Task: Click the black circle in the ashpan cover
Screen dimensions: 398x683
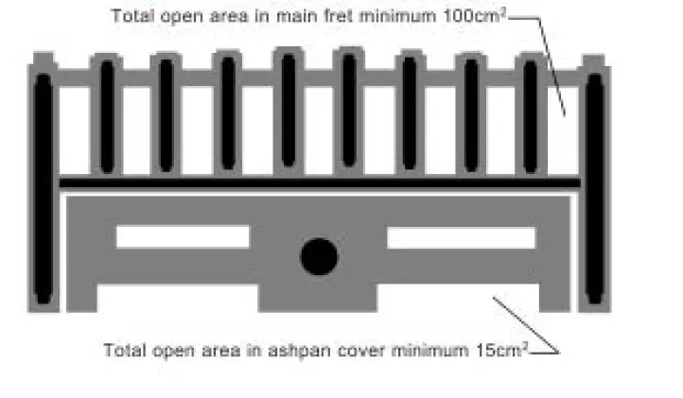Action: pos(319,255)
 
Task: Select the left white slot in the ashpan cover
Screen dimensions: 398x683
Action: pos(183,236)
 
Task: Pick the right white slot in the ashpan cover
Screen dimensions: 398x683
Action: pos(461,237)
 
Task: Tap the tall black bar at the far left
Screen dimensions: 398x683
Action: pos(43,189)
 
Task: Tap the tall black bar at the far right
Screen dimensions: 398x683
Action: pos(593,189)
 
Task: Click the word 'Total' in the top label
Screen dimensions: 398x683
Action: pos(130,16)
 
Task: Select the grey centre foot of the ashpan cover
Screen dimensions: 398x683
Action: pos(319,298)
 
